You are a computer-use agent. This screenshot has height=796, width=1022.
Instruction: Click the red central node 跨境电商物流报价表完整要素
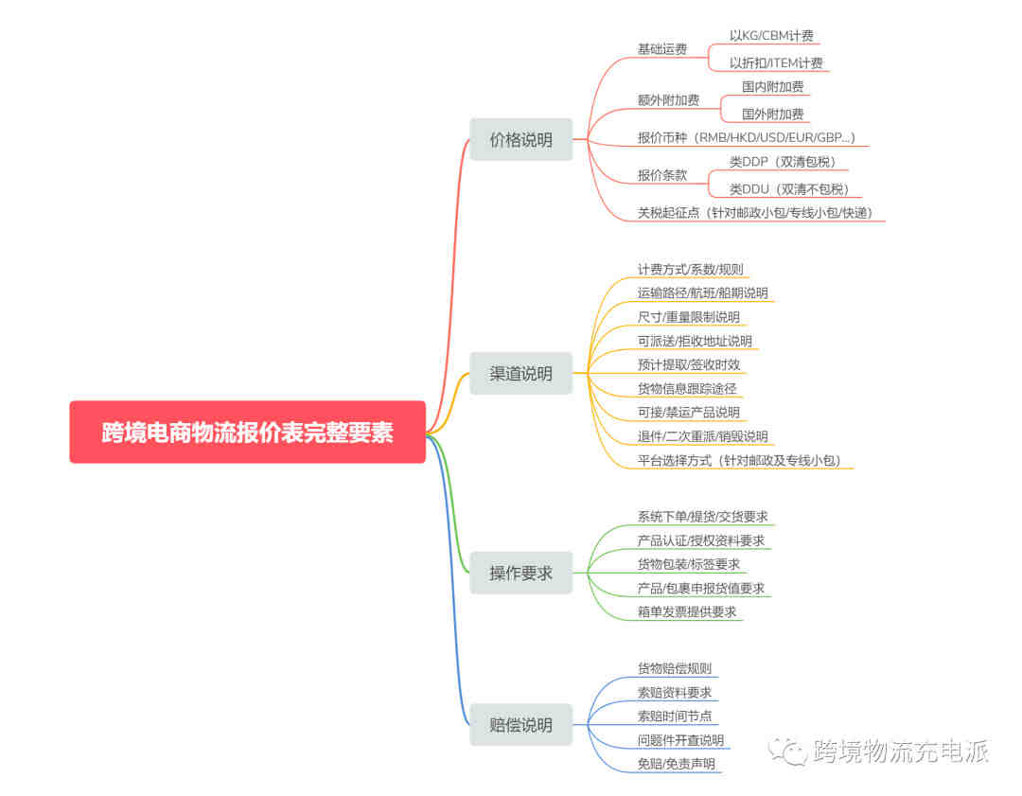(248, 433)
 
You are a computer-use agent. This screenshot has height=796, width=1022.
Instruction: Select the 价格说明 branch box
(520, 139)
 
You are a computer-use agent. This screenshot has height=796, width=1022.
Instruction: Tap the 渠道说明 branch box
(520, 374)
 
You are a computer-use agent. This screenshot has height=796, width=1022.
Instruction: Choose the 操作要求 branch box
(520, 573)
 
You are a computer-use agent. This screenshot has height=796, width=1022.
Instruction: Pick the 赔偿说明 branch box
(520, 725)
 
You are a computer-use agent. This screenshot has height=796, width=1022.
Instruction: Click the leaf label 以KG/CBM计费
(772, 36)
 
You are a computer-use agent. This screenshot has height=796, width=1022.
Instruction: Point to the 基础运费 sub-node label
(662, 49)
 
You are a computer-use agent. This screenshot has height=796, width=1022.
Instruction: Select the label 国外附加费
(772, 115)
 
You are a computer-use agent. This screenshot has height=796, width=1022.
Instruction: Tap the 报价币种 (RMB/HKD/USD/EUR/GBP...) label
(747, 137)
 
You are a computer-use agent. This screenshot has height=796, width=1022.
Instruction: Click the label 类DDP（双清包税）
(783, 162)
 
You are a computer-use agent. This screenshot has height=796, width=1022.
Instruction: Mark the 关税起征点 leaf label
(755, 213)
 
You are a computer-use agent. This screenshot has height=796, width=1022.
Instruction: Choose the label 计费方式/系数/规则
(690, 269)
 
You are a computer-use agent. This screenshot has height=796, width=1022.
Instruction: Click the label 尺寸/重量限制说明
(689, 317)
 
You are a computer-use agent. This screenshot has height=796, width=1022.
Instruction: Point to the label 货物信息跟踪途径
(687, 389)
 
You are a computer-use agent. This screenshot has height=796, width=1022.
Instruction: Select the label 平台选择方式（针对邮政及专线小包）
(739, 460)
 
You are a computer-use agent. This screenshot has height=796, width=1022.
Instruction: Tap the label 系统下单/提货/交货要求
(702, 517)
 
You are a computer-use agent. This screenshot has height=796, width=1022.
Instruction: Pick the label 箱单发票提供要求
(687, 611)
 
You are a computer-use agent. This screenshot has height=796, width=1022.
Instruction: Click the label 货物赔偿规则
(675, 668)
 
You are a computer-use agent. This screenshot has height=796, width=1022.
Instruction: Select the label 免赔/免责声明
(677, 764)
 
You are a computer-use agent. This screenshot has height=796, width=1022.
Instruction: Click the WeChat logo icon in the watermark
(787, 752)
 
